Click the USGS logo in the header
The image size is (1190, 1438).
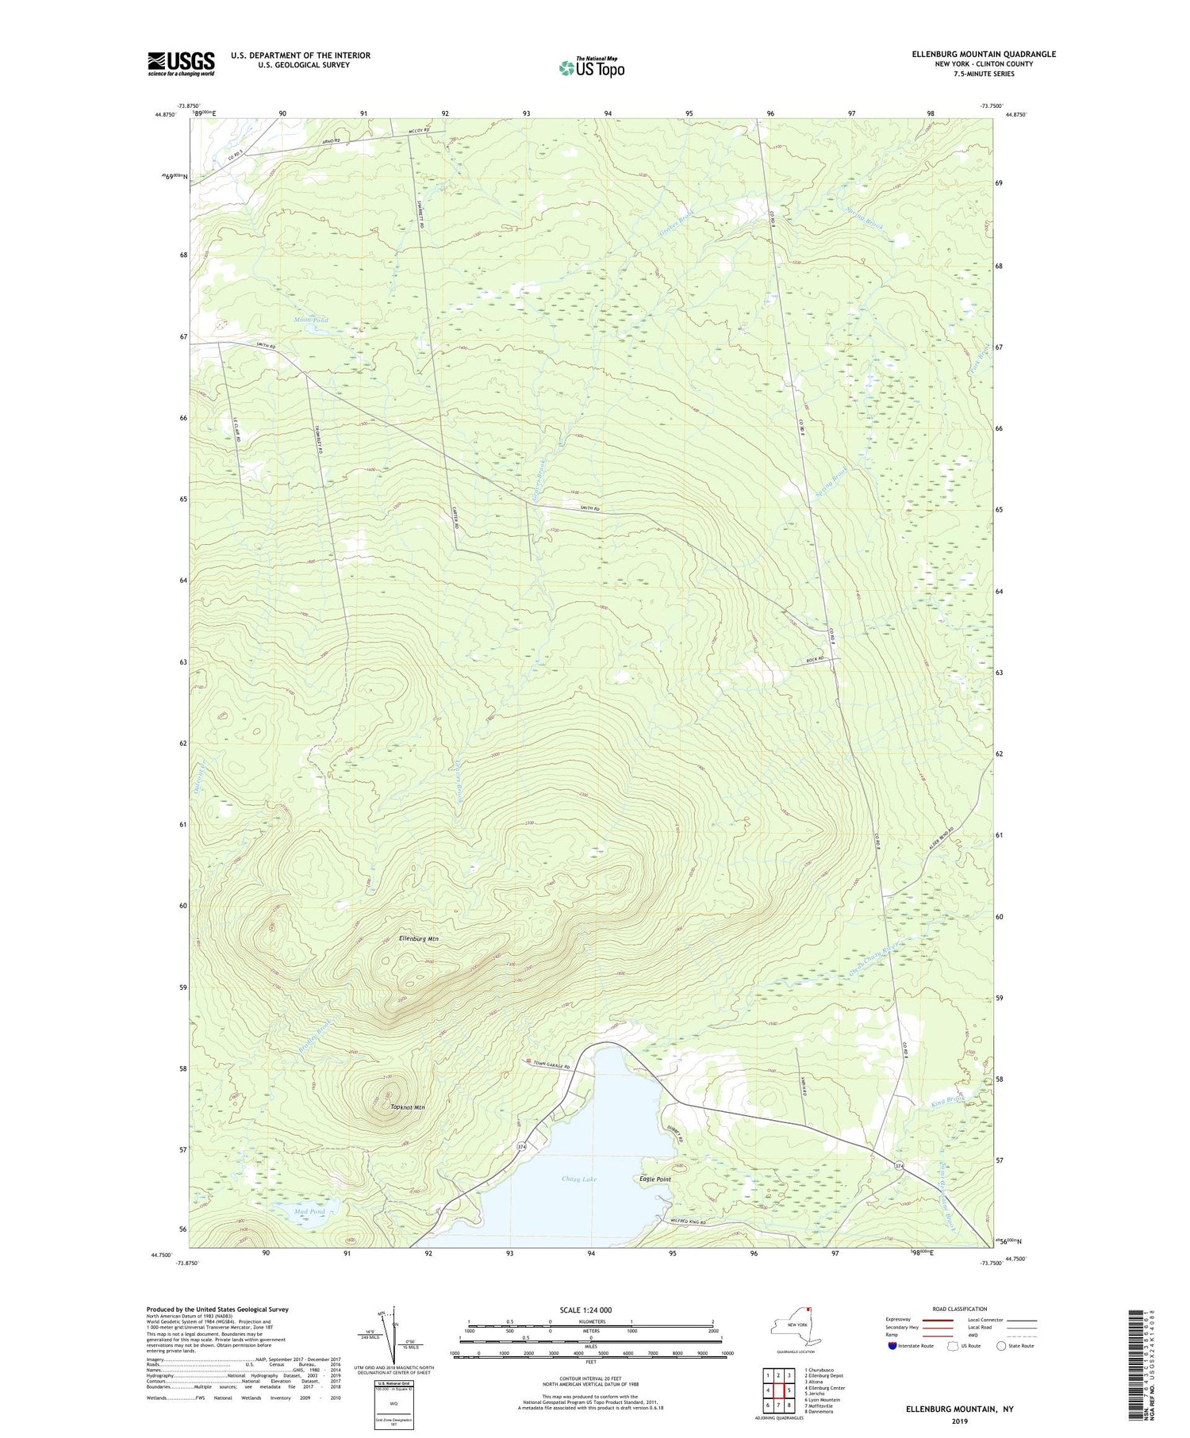(181, 63)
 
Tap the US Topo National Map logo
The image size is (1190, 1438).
(591, 68)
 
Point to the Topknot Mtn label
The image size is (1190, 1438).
(408, 1107)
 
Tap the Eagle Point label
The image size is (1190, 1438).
(655, 1179)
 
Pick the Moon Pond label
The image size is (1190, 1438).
(311, 320)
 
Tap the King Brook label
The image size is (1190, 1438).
(948, 1102)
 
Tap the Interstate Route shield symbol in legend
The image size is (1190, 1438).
(893, 1346)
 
